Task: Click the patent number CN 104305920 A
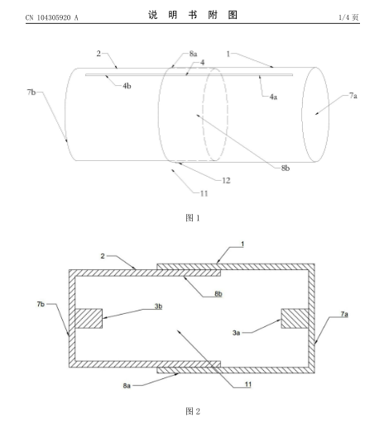52,17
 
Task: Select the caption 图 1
193,218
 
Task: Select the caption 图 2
193,411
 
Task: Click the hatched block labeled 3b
89,318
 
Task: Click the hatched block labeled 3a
295,318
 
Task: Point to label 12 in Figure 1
226,181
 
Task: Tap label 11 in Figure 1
204,193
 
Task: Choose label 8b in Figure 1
286,168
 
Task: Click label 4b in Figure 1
127,86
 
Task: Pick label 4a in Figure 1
273,97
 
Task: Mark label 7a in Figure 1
353,96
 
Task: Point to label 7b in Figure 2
41,304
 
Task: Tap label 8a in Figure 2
127,386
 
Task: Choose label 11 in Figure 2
248,384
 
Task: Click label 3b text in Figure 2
158,306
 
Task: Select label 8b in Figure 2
218,294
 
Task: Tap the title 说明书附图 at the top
193,15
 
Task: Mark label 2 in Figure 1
98,54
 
